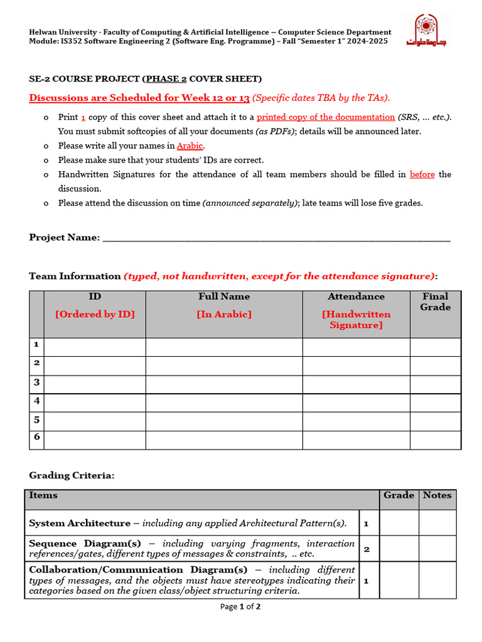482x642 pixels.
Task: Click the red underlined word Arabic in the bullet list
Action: tap(190, 145)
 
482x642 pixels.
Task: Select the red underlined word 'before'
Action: tap(422, 174)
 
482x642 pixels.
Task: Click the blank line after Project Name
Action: tap(276, 238)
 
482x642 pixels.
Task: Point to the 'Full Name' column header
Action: tap(224, 297)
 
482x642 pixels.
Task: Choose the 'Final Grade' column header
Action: tap(436, 302)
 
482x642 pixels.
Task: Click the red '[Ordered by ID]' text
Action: tap(95, 314)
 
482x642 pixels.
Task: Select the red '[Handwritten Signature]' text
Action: tap(356, 320)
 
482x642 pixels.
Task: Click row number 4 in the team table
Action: tap(37, 401)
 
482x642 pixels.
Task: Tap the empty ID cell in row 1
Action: tap(95, 347)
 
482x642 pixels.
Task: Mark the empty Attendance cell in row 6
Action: tap(356, 439)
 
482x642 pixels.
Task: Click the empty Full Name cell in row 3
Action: tap(224, 384)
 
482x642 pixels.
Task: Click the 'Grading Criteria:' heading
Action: tap(72, 476)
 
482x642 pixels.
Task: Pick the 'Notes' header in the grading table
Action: tap(437, 495)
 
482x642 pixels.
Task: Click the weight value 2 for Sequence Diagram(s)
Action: tap(367, 549)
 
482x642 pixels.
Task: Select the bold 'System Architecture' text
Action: tap(80, 523)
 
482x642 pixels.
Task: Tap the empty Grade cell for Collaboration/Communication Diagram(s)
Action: tap(399, 581)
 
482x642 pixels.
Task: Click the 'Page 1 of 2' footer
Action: tap(240, 606)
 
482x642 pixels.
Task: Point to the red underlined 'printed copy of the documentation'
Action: tap(326, 117)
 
